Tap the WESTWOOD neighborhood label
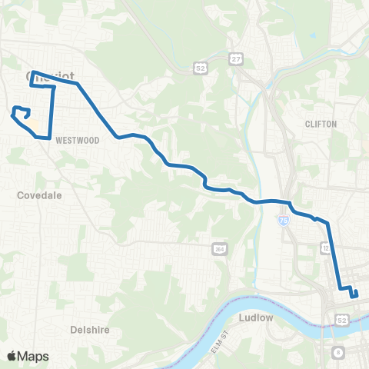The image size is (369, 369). [74, 139]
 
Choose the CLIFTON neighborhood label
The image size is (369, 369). [321, 123]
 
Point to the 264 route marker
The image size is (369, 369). [220, 249]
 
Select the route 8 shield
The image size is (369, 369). [338, 352]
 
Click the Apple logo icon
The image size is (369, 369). [12, 356]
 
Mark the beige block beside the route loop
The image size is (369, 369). [33, 123]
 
